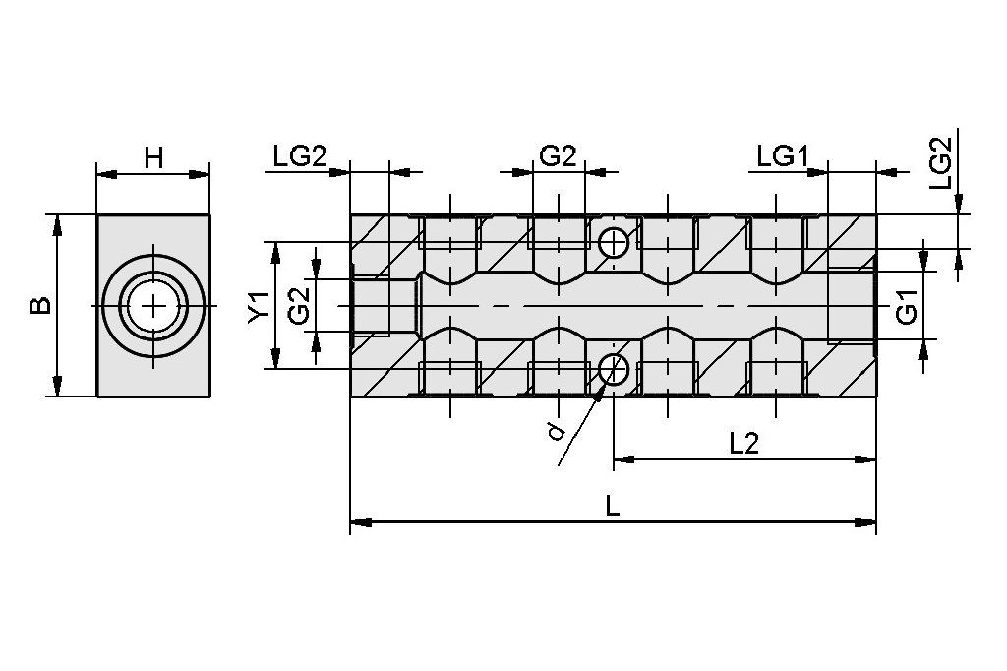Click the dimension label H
153,157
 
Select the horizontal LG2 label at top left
300,156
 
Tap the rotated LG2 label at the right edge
941,163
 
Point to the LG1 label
782,156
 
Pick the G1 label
906,306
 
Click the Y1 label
260,306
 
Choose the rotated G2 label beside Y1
299,305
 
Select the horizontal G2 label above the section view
559,156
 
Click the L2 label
744,444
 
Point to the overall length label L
613,507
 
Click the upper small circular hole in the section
614,243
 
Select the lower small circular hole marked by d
614,368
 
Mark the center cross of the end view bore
153,305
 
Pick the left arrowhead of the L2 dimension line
624,458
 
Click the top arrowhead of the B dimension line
57,226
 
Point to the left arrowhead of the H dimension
107,173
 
